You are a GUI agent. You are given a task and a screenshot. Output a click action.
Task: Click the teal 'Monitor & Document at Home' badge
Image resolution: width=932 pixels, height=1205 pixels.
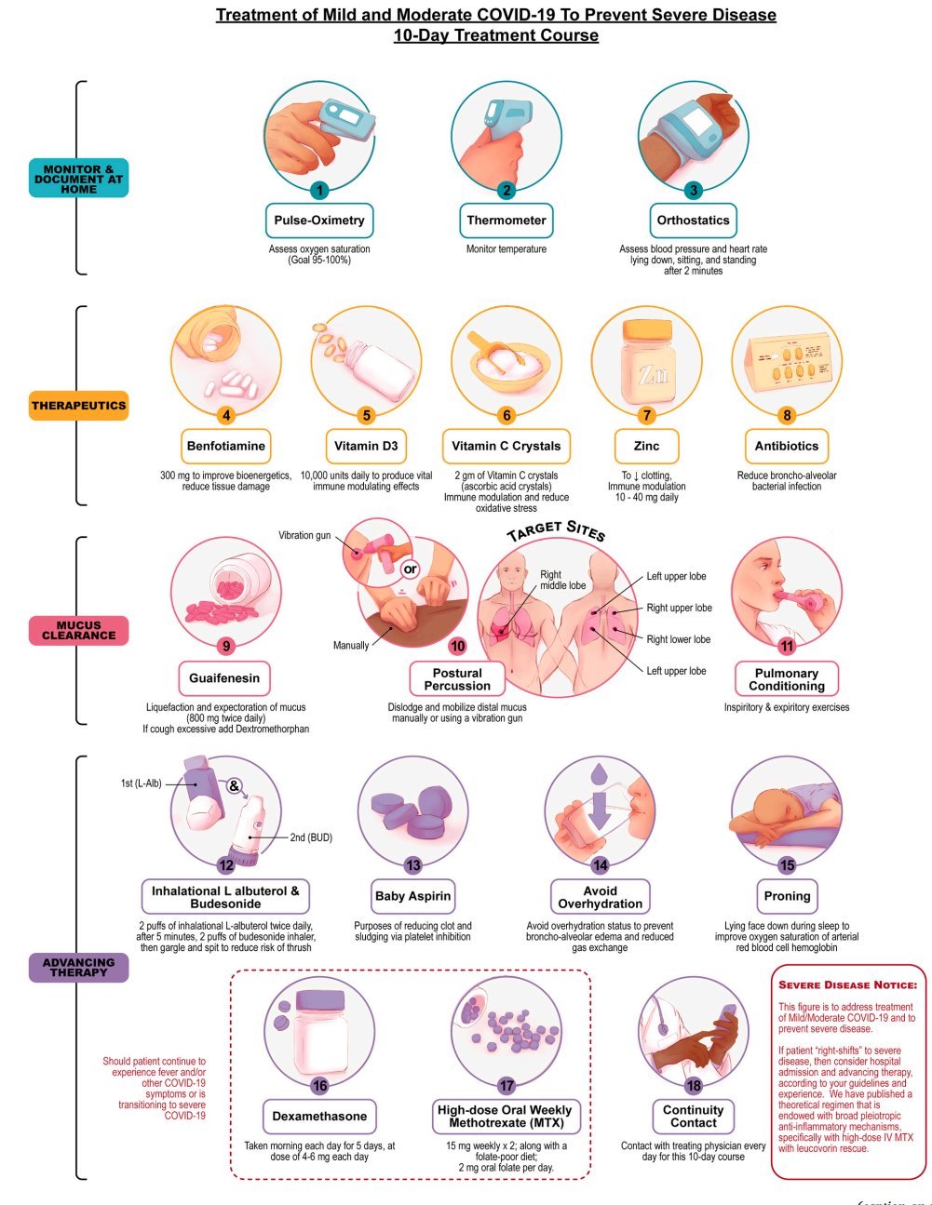point(78,178)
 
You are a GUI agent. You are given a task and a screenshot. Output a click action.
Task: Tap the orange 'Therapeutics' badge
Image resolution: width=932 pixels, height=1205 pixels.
point(78,406)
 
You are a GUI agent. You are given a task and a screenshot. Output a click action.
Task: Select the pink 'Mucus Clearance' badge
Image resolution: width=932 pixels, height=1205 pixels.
point(78,631)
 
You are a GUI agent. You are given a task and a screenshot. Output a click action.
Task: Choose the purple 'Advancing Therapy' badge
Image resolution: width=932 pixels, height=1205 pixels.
point(78,968)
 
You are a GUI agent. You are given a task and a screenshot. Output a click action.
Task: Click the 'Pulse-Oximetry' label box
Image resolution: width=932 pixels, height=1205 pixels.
point(319,221)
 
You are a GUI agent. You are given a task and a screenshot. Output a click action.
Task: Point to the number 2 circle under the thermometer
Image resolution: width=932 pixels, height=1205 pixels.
point(507,191)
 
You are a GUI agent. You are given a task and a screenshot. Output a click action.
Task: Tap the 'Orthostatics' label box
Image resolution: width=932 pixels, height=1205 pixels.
point(694,221)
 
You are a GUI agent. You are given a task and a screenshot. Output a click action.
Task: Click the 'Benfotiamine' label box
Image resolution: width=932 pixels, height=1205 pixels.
point(226,446)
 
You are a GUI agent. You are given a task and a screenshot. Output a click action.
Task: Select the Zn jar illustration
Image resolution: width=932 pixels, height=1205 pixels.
point(646,363)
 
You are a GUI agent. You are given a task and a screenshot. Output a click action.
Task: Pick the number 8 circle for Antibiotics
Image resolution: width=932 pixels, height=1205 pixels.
point(787,415)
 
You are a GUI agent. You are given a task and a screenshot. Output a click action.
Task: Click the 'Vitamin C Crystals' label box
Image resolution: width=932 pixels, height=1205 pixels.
point(507,446)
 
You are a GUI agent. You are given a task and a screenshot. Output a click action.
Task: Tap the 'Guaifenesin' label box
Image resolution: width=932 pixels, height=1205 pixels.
point(224,678)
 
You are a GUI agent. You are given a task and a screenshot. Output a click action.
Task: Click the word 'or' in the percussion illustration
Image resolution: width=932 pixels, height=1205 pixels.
point(411,569)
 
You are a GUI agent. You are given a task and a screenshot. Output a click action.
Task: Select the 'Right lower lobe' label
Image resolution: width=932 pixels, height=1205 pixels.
point(678,639)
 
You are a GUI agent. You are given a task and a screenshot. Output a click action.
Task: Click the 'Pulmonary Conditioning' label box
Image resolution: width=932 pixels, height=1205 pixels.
point(787,679)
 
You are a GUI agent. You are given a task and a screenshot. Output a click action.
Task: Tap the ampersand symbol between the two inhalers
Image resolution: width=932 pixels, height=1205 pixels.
point(234,785)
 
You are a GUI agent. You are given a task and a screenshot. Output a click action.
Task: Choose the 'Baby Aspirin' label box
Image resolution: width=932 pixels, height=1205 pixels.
point(412,896)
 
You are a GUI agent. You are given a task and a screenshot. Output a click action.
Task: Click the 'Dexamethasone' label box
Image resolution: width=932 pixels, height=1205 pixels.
point(319,1116)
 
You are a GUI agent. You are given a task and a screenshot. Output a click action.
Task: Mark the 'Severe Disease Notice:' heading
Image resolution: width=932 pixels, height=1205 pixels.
point(847,984)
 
